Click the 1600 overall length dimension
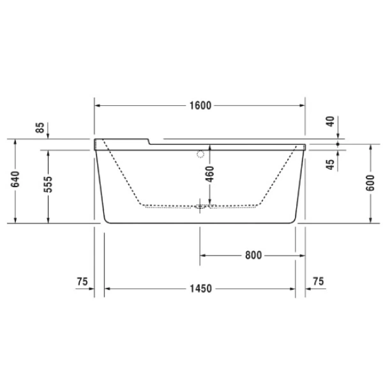pos(200,105)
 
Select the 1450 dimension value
pos(200,289)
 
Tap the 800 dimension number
pos(253,255)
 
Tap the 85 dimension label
pos(43,129)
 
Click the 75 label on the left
pos(82,282)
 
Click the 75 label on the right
pos(319,282)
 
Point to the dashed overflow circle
pos(200,154)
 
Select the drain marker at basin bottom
pos(201,206)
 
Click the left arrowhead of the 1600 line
pos(98,105)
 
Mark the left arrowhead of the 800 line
pos(204,255)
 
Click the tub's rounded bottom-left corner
pos(107,220)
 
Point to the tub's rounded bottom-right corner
pos(294,220)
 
